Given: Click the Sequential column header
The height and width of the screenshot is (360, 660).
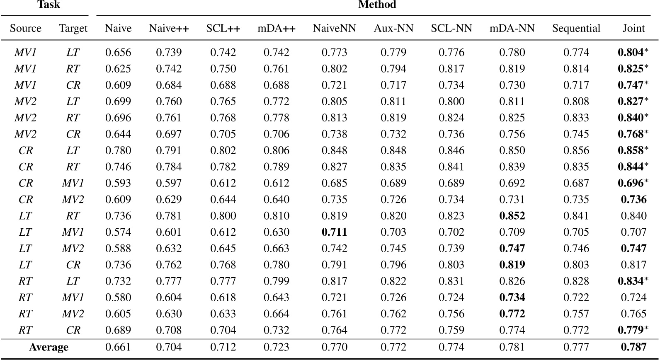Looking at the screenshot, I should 576,28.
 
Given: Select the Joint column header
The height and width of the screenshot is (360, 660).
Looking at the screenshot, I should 633,28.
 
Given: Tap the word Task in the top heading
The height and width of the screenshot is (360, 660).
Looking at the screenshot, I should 49,5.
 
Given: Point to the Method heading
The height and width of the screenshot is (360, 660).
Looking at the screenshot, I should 377,5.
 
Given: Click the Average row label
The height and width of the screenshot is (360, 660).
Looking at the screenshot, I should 49,347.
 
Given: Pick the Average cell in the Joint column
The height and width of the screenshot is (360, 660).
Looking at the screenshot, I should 633,347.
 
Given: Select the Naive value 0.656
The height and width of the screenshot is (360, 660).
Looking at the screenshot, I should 118,52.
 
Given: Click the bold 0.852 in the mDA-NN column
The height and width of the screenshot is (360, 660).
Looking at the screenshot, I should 512,216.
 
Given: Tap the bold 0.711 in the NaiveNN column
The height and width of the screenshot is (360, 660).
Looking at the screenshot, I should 334,232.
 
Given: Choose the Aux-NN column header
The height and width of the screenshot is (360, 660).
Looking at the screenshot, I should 393,28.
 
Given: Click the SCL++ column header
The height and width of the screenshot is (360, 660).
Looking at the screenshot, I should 223,28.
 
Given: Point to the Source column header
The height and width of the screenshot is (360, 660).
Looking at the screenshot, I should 26,28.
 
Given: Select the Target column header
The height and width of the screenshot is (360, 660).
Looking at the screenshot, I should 73,28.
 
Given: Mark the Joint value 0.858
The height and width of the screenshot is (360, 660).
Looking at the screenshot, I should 631,150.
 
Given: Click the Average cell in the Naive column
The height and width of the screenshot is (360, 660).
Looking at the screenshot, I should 118,347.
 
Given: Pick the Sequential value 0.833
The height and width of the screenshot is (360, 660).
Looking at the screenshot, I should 576,118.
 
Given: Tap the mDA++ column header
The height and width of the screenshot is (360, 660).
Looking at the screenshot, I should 277,28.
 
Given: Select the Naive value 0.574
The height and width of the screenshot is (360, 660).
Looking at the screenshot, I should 118,232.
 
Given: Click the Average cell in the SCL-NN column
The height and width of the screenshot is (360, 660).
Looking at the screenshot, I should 451,347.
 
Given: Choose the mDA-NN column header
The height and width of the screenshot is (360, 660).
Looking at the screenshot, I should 512,28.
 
